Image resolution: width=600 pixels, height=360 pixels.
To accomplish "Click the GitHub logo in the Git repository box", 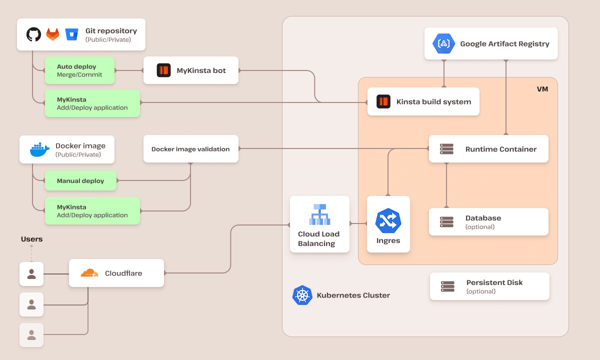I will [33, 34].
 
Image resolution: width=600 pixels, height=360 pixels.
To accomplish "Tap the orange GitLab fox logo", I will [52, 34].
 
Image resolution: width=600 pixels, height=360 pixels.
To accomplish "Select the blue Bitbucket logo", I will [72, 34].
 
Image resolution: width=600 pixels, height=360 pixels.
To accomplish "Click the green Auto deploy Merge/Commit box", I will [79, 70].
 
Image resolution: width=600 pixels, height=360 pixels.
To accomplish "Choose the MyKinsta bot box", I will [190, 70].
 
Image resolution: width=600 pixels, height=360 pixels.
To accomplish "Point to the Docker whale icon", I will [39, 149].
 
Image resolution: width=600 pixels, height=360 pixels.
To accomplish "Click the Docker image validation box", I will [190, 149].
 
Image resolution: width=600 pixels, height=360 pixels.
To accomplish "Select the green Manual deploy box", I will [80, 181].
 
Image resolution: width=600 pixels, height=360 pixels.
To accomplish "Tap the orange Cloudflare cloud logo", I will [89, 273].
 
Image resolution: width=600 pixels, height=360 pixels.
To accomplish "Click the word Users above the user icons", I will [31, 239].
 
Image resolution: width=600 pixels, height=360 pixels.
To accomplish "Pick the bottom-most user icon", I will [31, 335].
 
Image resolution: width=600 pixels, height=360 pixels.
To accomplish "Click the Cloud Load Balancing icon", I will [319, 214].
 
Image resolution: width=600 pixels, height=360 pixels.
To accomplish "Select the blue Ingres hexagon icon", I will [388, 220].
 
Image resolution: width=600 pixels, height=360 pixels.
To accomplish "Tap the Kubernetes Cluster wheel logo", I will [302, 295].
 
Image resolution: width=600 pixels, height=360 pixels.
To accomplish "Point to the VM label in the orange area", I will [542, 89].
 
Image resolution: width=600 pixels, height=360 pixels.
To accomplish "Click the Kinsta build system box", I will [423, 102].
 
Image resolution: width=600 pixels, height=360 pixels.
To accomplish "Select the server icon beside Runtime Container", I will [446, 149].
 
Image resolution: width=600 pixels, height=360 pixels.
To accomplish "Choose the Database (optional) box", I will [488, 222].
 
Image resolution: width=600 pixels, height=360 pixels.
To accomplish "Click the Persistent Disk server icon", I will [447, 286].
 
